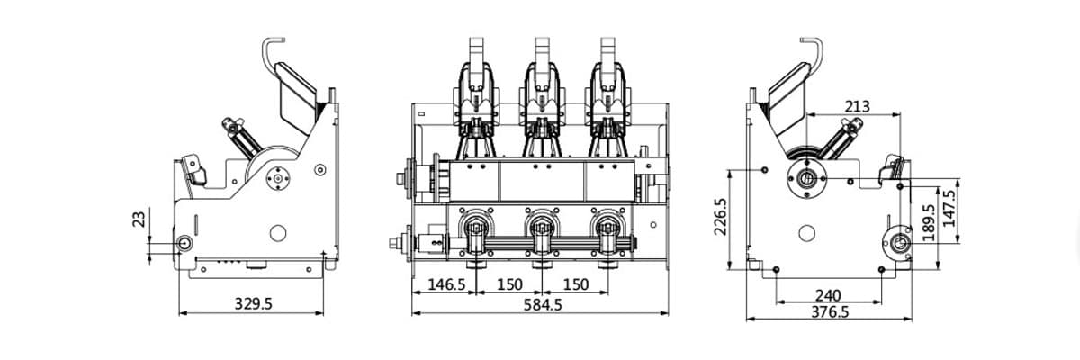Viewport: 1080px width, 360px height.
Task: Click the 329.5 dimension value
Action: [x=253, y=303]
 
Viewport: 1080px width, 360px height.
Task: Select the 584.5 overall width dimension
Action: [x=543, y=304]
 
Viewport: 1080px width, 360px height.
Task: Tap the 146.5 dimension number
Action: [x=446, y=284]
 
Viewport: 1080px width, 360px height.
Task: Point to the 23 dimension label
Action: [x=139, y=220]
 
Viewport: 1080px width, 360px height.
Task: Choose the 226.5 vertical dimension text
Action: [x=720, y=216]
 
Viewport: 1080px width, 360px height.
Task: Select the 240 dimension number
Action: [x=828, y=295]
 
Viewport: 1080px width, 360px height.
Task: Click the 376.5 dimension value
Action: [x=830, y=311]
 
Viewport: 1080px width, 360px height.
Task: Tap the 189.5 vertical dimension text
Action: [x=928, y=222]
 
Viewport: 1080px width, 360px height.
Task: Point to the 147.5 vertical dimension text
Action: [x=949, y=208]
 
